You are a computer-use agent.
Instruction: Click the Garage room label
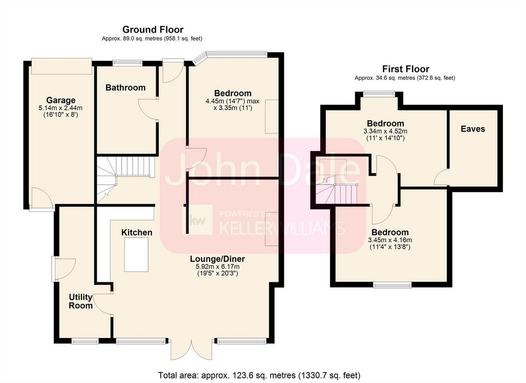(x=61, y=100)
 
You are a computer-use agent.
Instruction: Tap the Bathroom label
(x=125, y=88)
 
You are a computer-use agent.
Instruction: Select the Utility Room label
(x=81, y=301)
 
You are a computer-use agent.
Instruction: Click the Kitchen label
(x=137, y=232)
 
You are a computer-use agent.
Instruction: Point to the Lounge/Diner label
(x=217, y=259)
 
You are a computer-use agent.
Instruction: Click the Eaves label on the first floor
(x=473, y=129)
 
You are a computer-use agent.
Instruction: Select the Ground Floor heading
(x=153, y=29)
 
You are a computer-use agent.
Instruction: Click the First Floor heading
(x=405, y=69)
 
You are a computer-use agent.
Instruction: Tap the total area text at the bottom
(x=259, y=375)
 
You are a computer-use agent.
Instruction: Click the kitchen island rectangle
(x=137, y=255)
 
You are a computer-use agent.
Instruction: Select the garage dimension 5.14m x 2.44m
(x=60, y=108)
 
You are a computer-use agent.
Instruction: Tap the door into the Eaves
(x=442, y=178)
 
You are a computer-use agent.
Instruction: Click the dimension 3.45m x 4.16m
(x=390, y=240)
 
